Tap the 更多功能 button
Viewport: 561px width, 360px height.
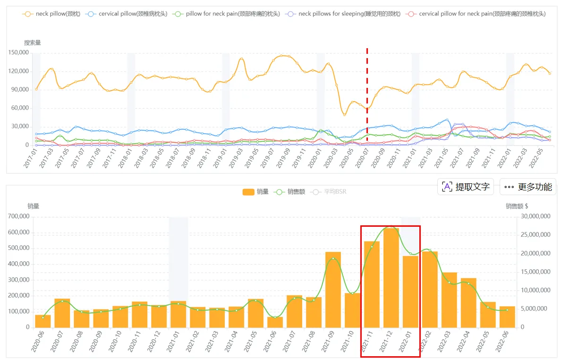click(528, 187)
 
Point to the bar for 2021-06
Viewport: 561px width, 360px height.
click(275, 322)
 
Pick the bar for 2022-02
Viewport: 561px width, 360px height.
click(430, 289)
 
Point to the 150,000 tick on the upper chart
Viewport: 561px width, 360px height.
click(19, 53)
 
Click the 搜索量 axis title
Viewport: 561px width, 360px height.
click(33, 43)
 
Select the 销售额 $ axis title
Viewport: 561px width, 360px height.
click(517, 206)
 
